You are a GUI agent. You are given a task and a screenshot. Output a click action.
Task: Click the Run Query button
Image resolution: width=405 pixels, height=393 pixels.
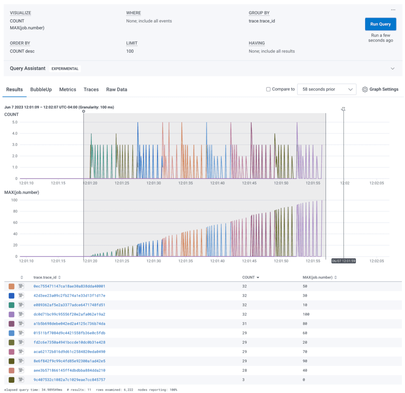click(380, 24)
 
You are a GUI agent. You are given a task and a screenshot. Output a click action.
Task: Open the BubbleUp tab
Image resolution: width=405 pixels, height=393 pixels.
click(41, 89)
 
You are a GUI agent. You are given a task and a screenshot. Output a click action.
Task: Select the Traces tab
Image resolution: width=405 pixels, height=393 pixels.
click(91, 89)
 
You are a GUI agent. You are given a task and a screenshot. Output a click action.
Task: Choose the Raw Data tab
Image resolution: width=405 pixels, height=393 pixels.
click(117, 89)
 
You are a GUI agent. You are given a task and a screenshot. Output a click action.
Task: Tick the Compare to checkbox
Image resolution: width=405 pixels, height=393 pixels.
click(269, 89)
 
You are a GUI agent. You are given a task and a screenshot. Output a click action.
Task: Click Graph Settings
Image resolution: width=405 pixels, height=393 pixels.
click(380, 89)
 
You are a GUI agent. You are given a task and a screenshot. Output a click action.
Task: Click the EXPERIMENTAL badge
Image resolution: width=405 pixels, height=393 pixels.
click(65, 68)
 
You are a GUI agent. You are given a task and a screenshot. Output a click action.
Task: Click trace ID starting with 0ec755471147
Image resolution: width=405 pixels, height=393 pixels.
click(69, 286)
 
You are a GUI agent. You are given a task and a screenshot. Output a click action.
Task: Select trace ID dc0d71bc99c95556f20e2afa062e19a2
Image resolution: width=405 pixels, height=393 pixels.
click(69, 314)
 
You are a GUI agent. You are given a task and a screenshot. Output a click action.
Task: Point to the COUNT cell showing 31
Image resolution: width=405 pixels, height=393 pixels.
click(245, 323)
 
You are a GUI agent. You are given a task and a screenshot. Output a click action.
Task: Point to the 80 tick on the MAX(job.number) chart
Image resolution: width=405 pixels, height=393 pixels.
click(15, 211)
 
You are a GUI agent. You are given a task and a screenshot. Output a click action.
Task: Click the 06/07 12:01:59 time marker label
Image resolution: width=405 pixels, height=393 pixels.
click(344, 261)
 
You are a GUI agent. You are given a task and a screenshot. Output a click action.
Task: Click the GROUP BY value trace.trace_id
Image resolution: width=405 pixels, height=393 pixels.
click(261, 21)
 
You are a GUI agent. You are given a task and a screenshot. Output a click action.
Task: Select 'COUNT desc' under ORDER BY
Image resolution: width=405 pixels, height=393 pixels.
click(22, 51)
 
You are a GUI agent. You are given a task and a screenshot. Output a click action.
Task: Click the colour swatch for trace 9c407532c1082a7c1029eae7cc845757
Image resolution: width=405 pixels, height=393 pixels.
click(11, 380)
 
